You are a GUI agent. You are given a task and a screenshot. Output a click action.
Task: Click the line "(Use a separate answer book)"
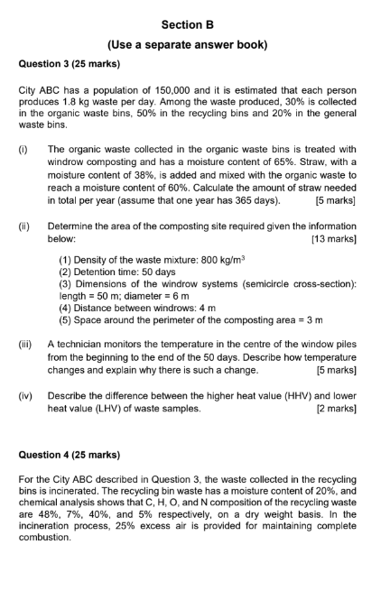point(195,43)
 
